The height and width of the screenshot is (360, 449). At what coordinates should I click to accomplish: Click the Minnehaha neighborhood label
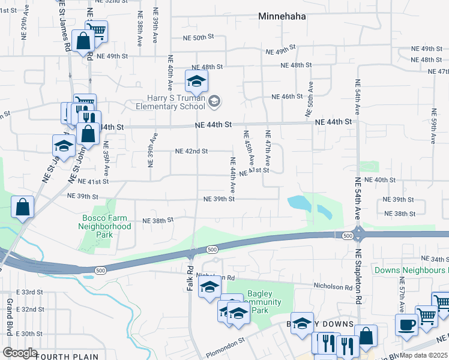(x=282, y=17)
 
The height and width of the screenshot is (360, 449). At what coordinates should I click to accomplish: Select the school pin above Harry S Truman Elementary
(x=196, y=80)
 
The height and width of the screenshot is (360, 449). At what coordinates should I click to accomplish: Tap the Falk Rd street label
(x=189, y=280)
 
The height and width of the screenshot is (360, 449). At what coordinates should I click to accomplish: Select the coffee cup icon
(x=406, y=325)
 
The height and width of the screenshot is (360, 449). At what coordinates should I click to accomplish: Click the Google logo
(x=20, y=352)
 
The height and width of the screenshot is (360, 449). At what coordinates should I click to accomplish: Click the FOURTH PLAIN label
(x=67, y=356)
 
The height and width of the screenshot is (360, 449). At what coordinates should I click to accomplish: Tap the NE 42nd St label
(x=191, y=151)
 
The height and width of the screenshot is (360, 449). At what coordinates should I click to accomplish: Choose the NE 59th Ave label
(x=433, y=126)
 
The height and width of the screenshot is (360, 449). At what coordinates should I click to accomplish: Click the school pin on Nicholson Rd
(x=209, y=287)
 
